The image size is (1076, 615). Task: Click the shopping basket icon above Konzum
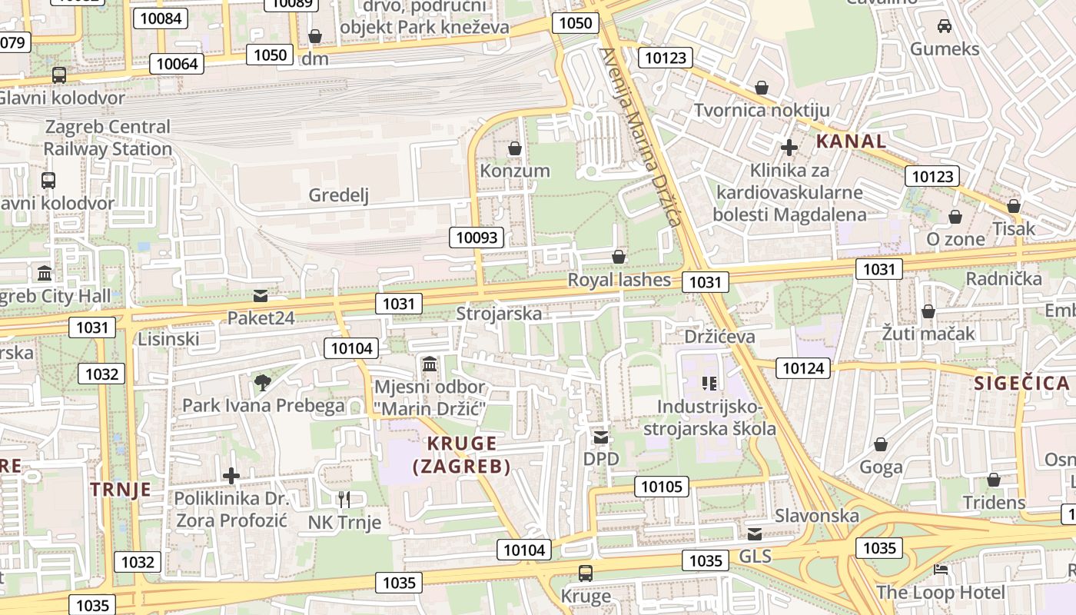(x=515, y=148)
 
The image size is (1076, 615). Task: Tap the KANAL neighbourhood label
(x=851, y=141)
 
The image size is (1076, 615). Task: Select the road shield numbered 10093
(x=477, y=238)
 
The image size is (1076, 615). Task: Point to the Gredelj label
(x=339, y=195)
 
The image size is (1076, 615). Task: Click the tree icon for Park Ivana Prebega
(x=263, y=382)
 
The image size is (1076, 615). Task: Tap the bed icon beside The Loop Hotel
(x=941, y=570)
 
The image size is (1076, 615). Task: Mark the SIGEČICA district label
(x=1021, y=383)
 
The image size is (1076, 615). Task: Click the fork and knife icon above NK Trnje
(x=344, y=500)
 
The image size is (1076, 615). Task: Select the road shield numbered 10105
(x=661, y=486)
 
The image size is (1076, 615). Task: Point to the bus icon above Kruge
(x=586, y=573)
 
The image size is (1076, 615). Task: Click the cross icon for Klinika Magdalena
(x=789, y=147)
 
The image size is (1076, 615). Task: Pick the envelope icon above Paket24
(x=261, y=296)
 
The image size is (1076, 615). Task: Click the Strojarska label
(x=498, y=314)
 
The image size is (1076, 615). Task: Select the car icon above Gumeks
(x=945, y=26)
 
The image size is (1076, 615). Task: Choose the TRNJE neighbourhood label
(x=121, y=490)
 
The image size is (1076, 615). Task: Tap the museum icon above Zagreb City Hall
(x=45, y=274)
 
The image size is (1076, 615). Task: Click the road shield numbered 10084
(x=161, y=18)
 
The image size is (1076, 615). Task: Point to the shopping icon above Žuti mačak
(x=928, y=311)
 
